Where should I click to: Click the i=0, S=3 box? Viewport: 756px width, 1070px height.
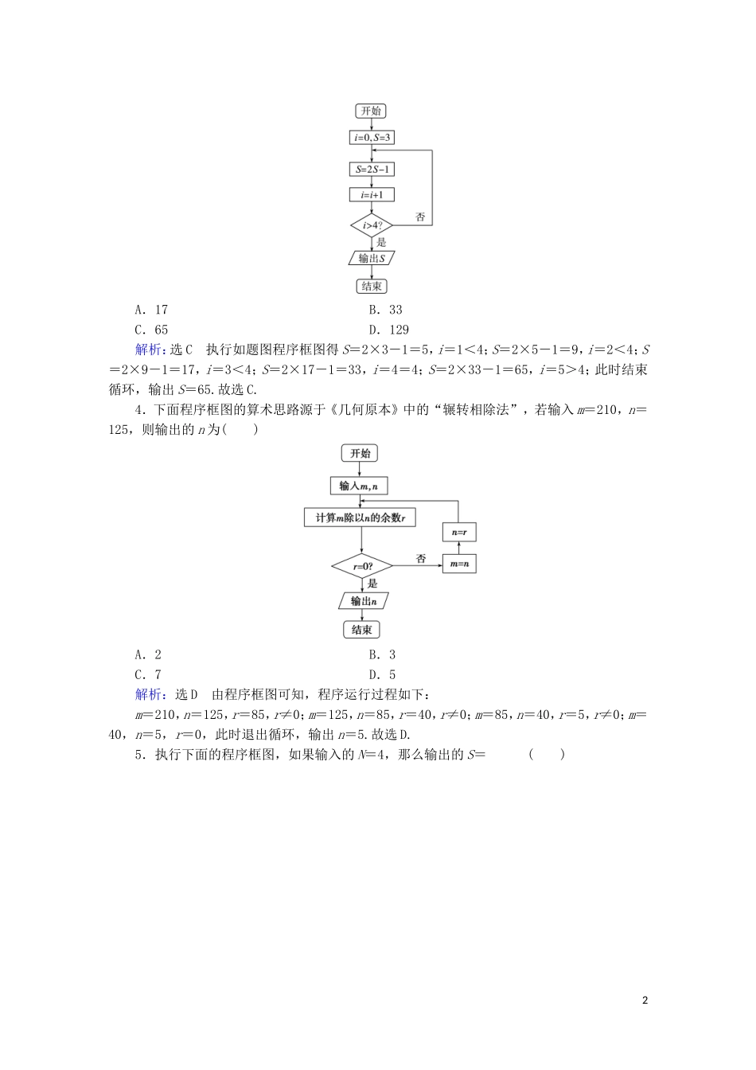pyautogui.click(x=372, y=138)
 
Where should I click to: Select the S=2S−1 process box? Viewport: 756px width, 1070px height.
pyautogui.click(x=372, y=170)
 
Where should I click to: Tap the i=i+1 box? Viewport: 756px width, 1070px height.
pyautogui.click(x=372, y=195)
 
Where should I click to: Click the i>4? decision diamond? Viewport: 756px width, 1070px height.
pyautogui.click(x=372, y=225)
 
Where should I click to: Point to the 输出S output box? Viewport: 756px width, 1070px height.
pyautogui.click(x=372, y=258)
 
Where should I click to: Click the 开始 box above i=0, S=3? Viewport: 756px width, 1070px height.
pyautogui.click(x=372, y=111)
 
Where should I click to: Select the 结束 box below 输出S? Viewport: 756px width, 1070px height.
pyautogui.click(x=372, y=287)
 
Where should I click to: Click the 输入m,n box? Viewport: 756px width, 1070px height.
pyautogui.click(x=359, y=486)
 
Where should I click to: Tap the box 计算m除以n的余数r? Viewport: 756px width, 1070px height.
pyautogui.click(x=360, y=518)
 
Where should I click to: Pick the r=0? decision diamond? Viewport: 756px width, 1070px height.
pyautogui.click(x=361, y=567)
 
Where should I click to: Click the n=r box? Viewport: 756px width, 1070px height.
pyautogui.click(x=459, y=532)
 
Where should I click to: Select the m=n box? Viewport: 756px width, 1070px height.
pyautogui.click(x=459, y=564)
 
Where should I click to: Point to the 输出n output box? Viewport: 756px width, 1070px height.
pyautogui.click(x=362, y=601)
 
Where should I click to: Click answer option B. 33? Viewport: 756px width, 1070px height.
pyautogui.click(x=385, y=310)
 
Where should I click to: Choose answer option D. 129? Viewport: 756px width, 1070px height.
pyautogui.click(x=388, y=330)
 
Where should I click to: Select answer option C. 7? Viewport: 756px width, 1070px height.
pyautogui.click(x=149, y=674)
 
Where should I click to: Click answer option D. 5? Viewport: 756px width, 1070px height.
pyautogui.click(x=382, y=674)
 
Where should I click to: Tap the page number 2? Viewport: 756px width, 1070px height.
pyautogui.click(x=645, y=1001)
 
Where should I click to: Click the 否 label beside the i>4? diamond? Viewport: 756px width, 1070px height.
pyautogui.click(x=421, y=217)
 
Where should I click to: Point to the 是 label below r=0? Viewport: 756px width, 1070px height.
pyautogui.click(x=372, y=584)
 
